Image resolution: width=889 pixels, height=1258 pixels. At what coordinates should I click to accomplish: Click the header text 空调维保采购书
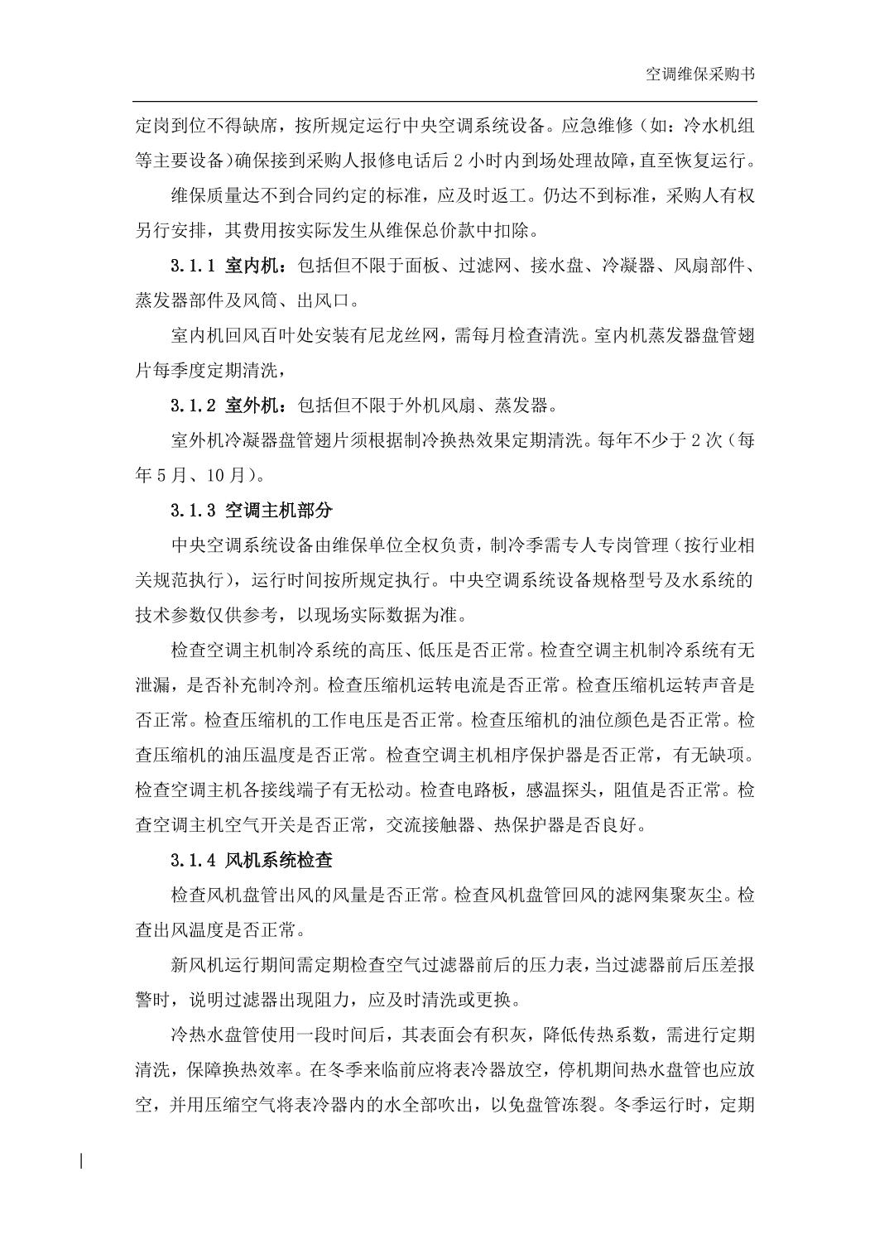pyautogui.click(x=699, y=74)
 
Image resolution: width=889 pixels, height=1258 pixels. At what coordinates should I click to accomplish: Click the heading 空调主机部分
pyautogui.click(x=278, y=510)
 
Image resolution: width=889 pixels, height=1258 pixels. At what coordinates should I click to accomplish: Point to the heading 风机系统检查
pyautogui.click(x=278, y=860)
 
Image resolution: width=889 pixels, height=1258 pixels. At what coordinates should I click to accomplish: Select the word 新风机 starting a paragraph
pyautogui.click(x=197, y=965)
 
